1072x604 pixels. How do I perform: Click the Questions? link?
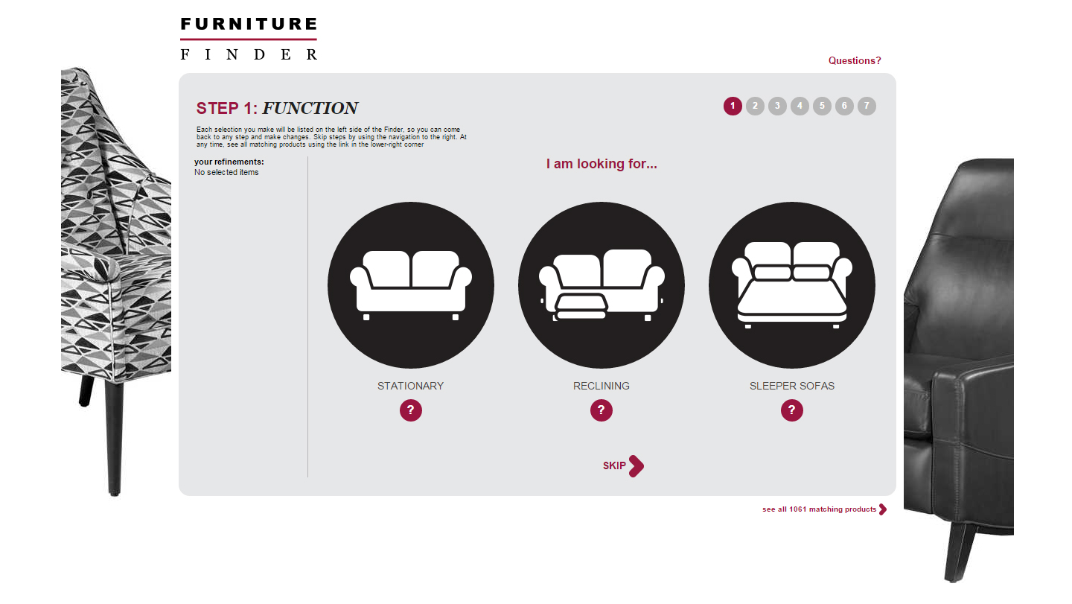coord(855,61)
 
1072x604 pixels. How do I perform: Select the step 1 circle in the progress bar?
coord(733,107)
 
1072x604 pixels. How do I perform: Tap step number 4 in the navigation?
coord(800,107)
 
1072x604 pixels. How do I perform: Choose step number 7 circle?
coord(867,107)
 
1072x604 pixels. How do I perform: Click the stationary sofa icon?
coord(411,285)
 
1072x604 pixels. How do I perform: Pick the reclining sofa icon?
coord(602,285)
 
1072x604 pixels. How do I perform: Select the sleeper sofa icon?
coord(792,285)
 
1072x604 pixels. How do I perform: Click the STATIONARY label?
coord(410,386)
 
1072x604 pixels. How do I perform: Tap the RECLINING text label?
coord(602,386)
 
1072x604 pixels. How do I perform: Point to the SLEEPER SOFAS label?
coord(792,386)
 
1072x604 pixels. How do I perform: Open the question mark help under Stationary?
coord(411,410)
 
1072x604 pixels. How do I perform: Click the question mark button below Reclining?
coord(602,410)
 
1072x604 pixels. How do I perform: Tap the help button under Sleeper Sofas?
coord(792,410)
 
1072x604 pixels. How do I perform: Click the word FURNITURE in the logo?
coord(249,25)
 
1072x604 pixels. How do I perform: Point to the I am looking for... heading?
coord(602,164)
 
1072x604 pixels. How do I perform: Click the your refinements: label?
coord(229,162)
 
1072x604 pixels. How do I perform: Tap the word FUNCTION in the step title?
coord(310,109)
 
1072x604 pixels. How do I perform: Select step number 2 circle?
coord(755,107)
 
